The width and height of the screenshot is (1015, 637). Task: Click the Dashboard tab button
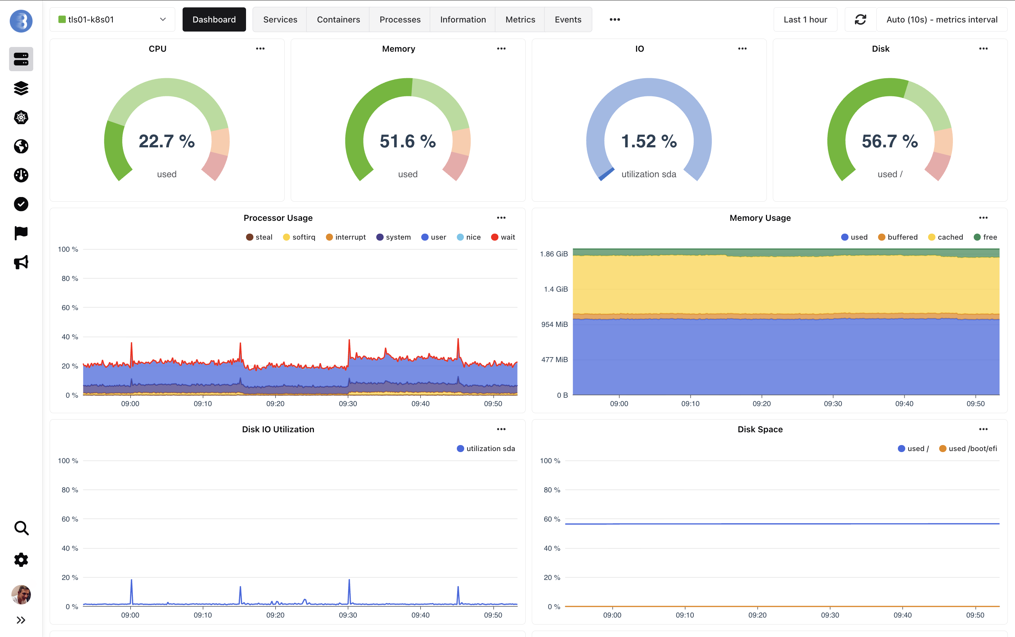pyautogui.click(x=214, y=19)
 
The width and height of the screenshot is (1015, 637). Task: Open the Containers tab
pyautogui.click(x=338, y=19)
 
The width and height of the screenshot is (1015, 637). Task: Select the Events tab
pyautogui.click(x=568, y=19)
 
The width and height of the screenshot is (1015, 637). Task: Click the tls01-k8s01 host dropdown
pyautogui.click(x=112, y=19)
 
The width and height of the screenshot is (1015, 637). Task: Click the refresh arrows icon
pyautogui.click(x=860, y=19)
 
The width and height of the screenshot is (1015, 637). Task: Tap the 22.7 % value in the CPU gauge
pyautogui.click(x=166, y=141)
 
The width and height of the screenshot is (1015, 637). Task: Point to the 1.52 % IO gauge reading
pyautogui.click(x=649, y=141)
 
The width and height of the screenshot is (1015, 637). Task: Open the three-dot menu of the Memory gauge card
pyautogui.click(x=501, y=48)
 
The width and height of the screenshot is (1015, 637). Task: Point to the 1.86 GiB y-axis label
pyautogui.click(x=553, y=254)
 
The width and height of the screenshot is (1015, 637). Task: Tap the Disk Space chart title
pyautogui.click(x=760, y=429)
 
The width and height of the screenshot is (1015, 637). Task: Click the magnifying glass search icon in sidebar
pyautogui.click(x=21, y=528)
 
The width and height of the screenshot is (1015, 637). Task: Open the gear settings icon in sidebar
pyautogui.click(x=21, y=559)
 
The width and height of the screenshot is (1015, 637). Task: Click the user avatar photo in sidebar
pyautogui.click(x=21, y=594)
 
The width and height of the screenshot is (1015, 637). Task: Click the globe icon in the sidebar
pyautogui.click(x=21, y=146)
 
